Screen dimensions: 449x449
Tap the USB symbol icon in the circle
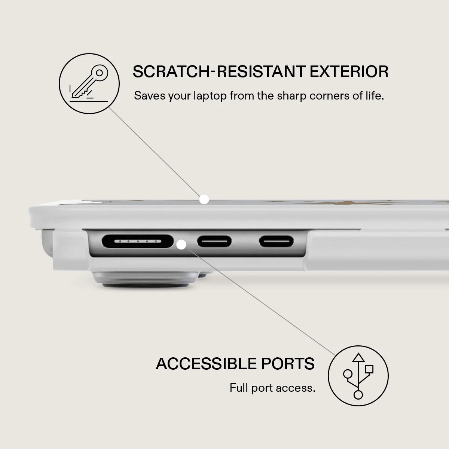(358, 376)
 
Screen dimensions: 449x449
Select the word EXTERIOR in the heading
(349, 71)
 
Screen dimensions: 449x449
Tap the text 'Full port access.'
(272, 388)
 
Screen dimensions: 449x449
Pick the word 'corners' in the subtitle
(330, 96)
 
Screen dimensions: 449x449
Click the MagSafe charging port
(138, 241)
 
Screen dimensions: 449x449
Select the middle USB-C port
(214, 241)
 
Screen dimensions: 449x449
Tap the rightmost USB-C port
(277, 241)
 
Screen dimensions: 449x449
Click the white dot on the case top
(204, 199)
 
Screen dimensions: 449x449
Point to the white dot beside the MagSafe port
(181, 245)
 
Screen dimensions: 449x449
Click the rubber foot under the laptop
(146, 280)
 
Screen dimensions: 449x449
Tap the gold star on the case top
(349, 202)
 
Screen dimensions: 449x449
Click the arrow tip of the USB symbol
(358, 354)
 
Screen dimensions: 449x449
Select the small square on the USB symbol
(369, 369)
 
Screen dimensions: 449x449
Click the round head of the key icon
(100, 73)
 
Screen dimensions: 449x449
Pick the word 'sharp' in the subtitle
(291, 96)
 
